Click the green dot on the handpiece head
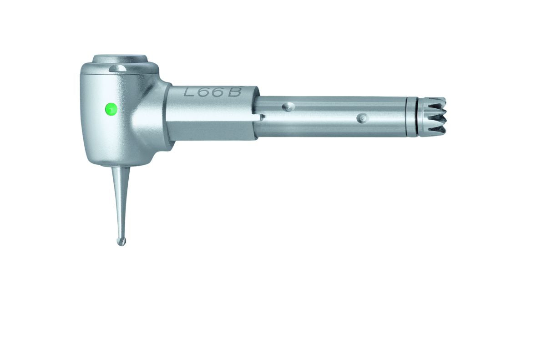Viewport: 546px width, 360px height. tap(111, 109)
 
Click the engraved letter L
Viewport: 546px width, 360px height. tap(189, 91)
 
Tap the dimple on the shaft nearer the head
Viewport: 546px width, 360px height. tap(288, 107)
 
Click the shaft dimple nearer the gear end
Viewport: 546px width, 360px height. tap(363, 118)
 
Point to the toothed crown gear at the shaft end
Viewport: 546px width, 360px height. tap(431, 117)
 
